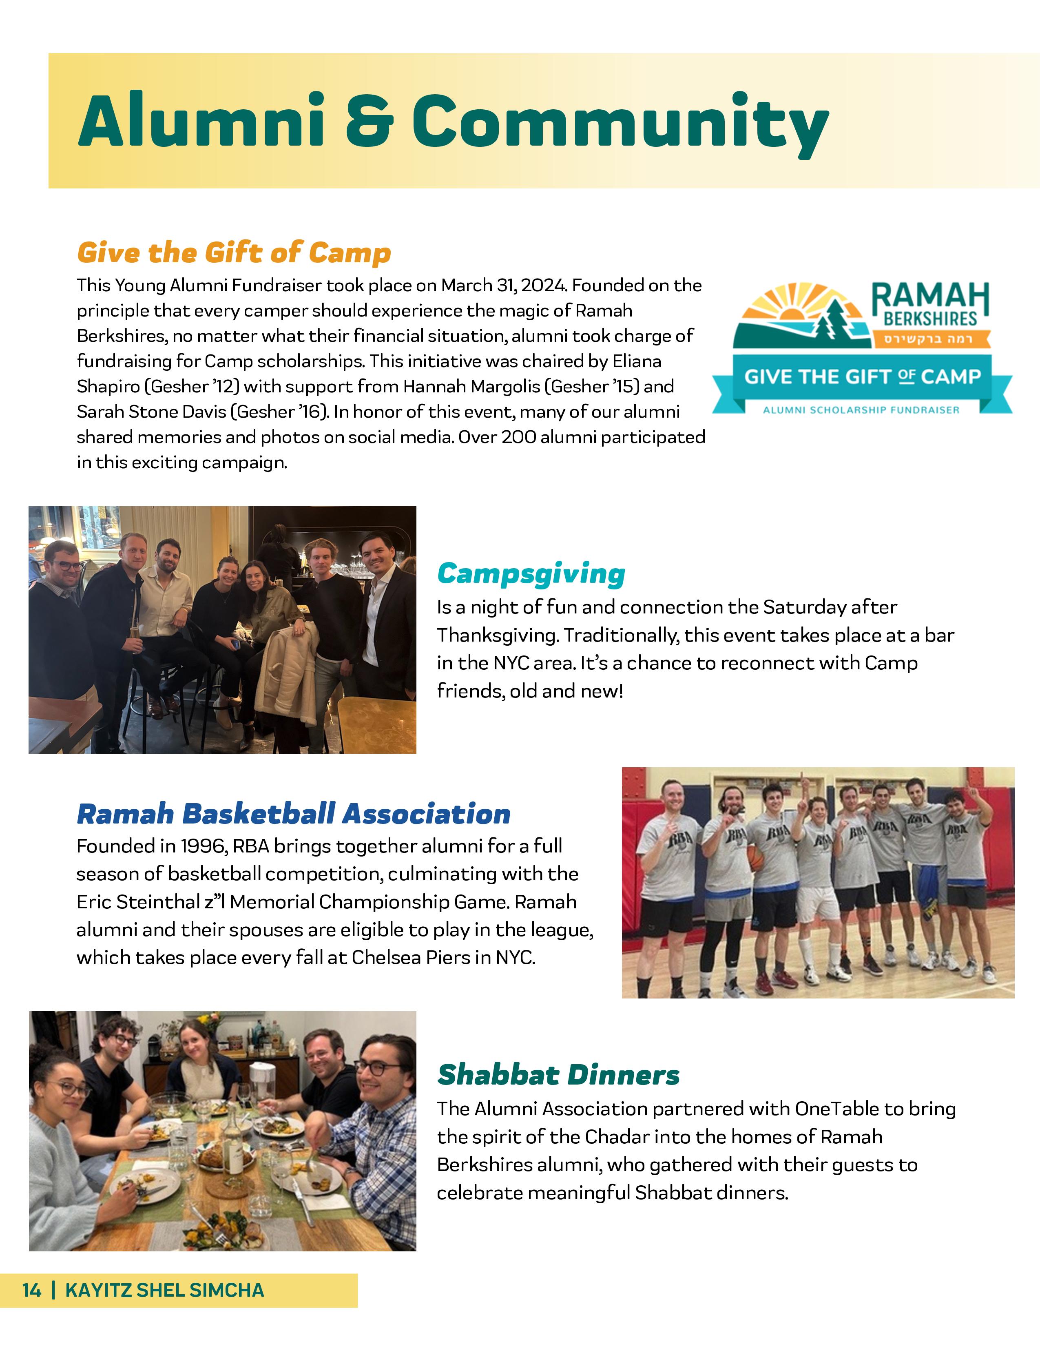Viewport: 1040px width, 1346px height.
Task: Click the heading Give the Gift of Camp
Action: pos(234,253)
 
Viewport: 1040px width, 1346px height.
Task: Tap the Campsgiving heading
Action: pos(531,574)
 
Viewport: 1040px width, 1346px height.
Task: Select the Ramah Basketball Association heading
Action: pos(293,814)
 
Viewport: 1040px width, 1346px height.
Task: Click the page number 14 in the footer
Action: pos(32,1290)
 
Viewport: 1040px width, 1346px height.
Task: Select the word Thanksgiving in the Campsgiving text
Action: pos(496,635)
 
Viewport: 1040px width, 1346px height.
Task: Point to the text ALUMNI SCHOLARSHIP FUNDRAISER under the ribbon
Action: pos(861,410)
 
